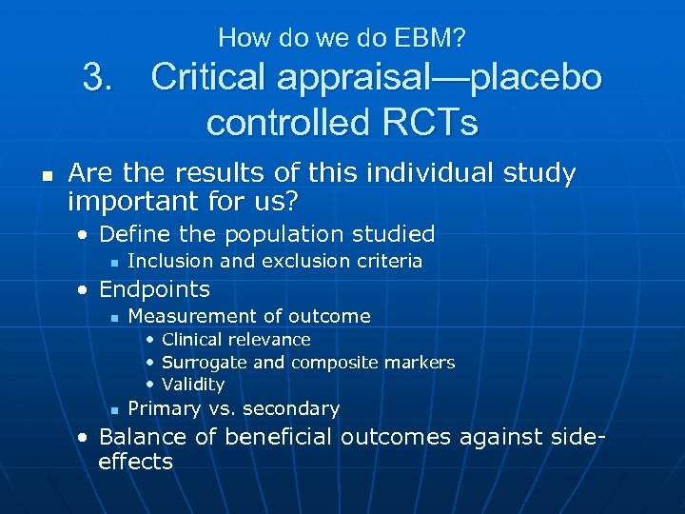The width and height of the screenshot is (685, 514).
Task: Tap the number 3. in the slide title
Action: click(x=100, y=77)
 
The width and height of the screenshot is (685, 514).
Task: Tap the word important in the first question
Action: click(x=127, y=202)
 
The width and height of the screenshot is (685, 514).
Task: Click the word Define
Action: click(x=130, y=234)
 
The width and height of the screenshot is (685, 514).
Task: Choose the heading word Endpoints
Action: click(x=154, y=288)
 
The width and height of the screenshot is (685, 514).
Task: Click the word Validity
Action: click(x=193, y=385)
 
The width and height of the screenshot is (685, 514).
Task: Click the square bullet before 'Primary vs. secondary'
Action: click(x=112, y=409)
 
